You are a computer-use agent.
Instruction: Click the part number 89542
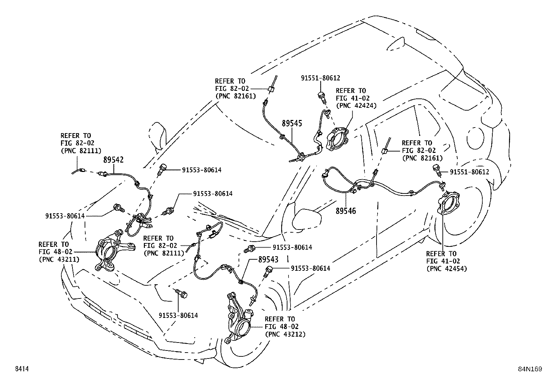[x=113, y=160]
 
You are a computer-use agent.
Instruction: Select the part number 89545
[x=292, y=123]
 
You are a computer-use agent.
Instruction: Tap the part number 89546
[x=346, y=210]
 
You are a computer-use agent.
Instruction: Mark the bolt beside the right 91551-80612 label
[x=438, y=170]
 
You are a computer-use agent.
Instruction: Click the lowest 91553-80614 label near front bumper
[x=178, y=315]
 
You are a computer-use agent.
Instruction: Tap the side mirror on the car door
[x=307, y=218]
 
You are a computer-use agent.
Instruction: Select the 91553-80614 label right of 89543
[x=310, y=268]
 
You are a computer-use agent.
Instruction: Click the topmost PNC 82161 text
[x=235, y=96]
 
